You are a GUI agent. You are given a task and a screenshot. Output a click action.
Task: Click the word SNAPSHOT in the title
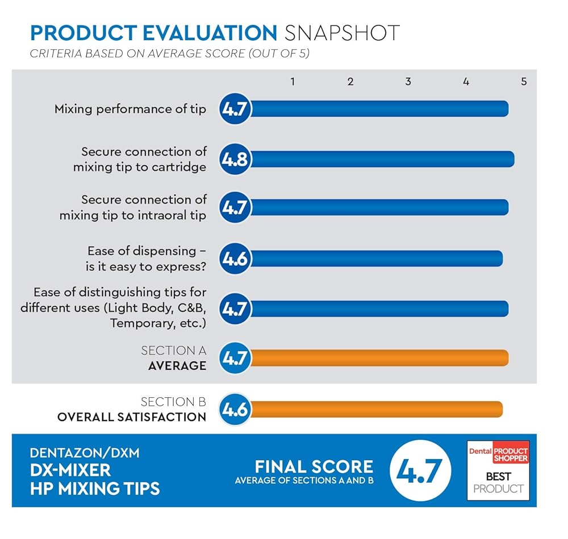[x=342, y=32]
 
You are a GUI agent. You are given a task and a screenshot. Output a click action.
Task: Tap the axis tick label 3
[x=408, y=82]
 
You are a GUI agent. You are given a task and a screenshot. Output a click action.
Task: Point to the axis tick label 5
[x=524, y=82]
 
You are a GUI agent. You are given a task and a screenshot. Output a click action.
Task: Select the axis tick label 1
[x=293, y=82]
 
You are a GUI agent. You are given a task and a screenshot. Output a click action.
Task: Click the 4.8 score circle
[x=235, y=159]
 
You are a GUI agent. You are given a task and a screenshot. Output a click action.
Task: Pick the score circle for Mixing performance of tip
[x=235, y=108]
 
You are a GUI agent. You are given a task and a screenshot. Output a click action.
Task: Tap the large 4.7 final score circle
[x=420, y=470]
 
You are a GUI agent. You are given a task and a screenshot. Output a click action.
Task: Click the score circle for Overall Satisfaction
[x=235, y=409]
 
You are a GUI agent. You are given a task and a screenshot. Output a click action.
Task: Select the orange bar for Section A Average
[x=378, y=358]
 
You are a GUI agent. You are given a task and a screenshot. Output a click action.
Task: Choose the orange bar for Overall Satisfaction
[x=375, y=409]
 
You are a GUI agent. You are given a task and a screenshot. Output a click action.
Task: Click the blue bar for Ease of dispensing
[x=375, y=259]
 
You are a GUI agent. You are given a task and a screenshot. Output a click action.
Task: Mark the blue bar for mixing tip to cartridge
[x=381, y=159]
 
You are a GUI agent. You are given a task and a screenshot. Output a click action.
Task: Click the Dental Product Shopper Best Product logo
[x=498, y=470]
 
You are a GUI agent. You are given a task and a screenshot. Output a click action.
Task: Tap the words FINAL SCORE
[x=314, y=467]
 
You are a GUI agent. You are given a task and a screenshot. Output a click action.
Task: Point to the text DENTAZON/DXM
[x=85, y=453]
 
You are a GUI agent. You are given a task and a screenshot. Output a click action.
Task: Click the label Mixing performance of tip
[x=130, y=109]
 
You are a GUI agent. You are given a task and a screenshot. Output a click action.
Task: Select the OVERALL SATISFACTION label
[x=132, y=417]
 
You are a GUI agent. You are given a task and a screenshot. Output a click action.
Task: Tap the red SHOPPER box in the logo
[x=509, y=452]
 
